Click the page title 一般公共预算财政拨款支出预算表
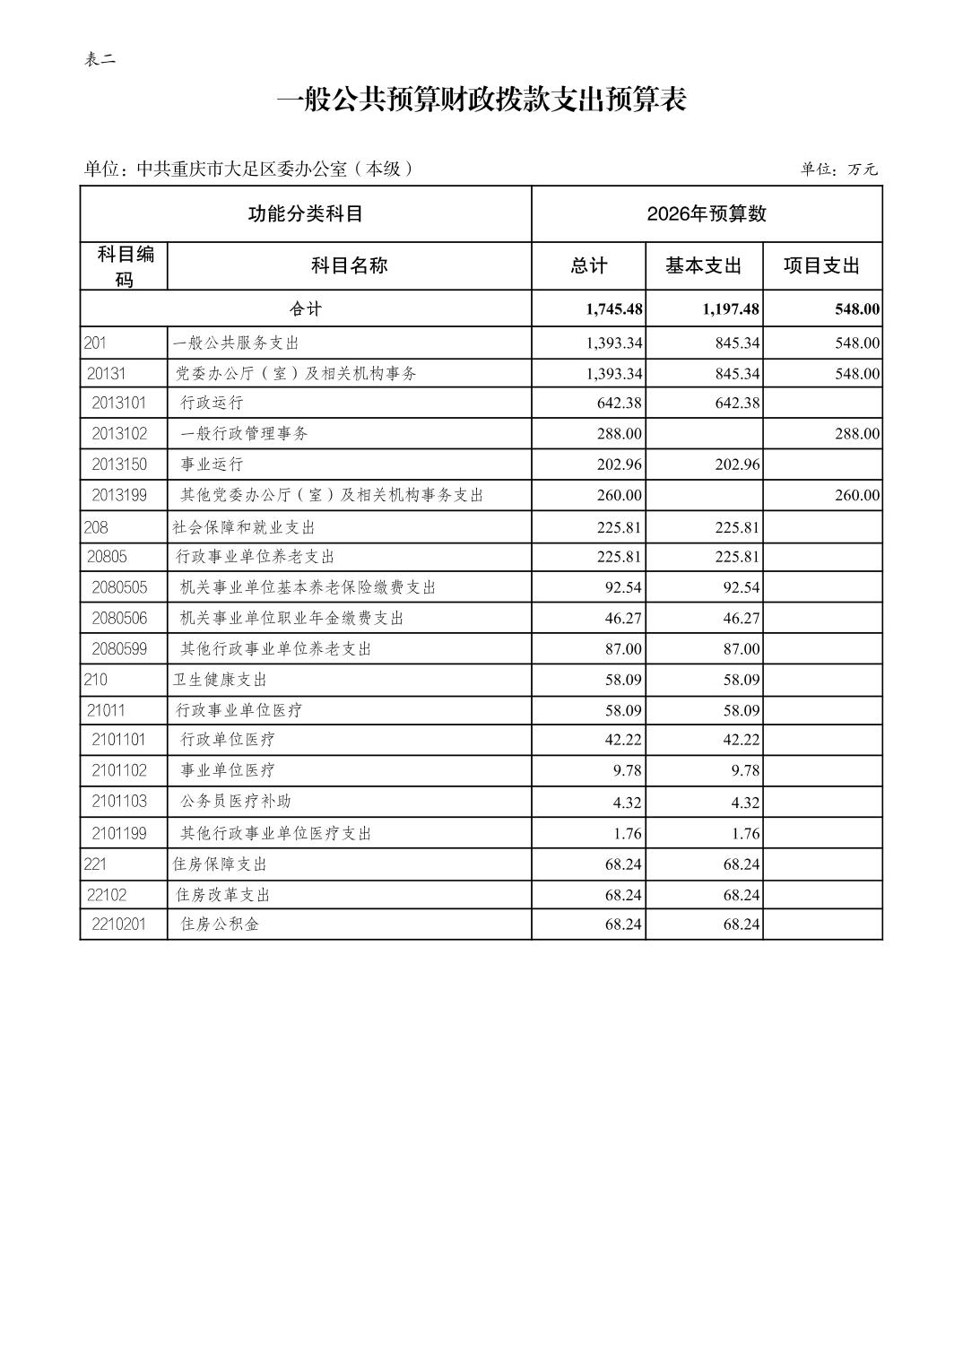tap(481, 100)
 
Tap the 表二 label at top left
tap(100, 60)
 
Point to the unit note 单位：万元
tap(838, 169)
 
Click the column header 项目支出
tap(821, 266)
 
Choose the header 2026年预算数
tap(707, 213)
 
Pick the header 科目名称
tap(349, 266)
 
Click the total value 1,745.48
tap(614, 309)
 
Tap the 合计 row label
tap(305, 309)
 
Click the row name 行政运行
tap(212, 404)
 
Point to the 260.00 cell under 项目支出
tap(856, 495)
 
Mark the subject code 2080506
tap(119, 619)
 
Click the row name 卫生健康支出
tap(220, 681)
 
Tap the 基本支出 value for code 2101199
tap(745, 834)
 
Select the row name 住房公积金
tap(220, 925)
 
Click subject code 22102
tap(107, 895)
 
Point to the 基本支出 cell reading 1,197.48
tap(731, 309)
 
